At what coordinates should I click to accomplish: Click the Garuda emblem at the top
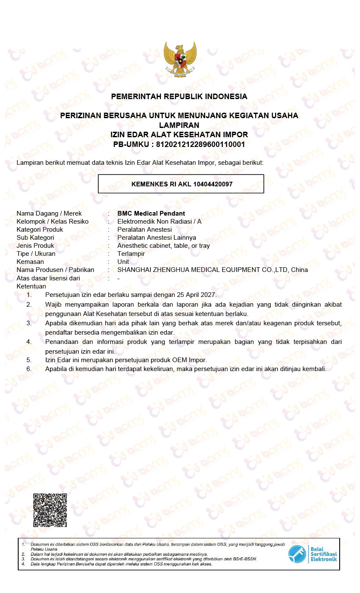pos(180,59)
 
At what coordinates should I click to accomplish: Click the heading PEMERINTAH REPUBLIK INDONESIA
pos(179,97)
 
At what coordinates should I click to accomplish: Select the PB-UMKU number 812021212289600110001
pos(201,144)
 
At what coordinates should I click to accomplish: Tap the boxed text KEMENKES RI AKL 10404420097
pos(181,184)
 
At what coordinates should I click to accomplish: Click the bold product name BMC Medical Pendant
pos(151,213)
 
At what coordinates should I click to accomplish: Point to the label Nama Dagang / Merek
pos(49,213)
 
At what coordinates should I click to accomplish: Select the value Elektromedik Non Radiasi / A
pos(159,222)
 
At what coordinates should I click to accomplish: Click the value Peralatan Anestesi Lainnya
pos(157,238)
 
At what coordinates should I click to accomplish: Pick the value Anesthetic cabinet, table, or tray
pos(163,246)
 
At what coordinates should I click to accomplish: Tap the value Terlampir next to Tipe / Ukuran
pos(131,254)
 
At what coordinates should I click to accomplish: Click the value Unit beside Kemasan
pos(123,262)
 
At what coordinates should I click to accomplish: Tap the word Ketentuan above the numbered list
pos(31,286)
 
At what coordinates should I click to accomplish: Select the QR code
pos(50,510)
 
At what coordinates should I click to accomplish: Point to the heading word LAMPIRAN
pos(179,125)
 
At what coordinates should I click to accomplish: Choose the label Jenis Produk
pos(35,246)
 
